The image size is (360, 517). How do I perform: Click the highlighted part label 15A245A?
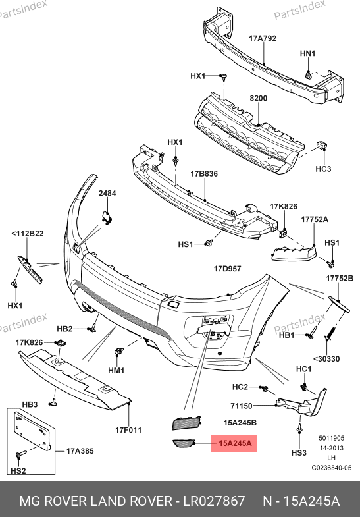235,443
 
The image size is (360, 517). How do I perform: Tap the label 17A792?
263,38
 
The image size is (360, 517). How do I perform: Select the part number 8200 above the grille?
259,98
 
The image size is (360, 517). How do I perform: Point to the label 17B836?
204,173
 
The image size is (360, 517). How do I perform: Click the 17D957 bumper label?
228,269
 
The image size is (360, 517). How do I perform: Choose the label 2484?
107,193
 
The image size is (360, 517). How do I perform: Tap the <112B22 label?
28,234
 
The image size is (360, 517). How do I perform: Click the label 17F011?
128,430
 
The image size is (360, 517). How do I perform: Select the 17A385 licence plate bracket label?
80,450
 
